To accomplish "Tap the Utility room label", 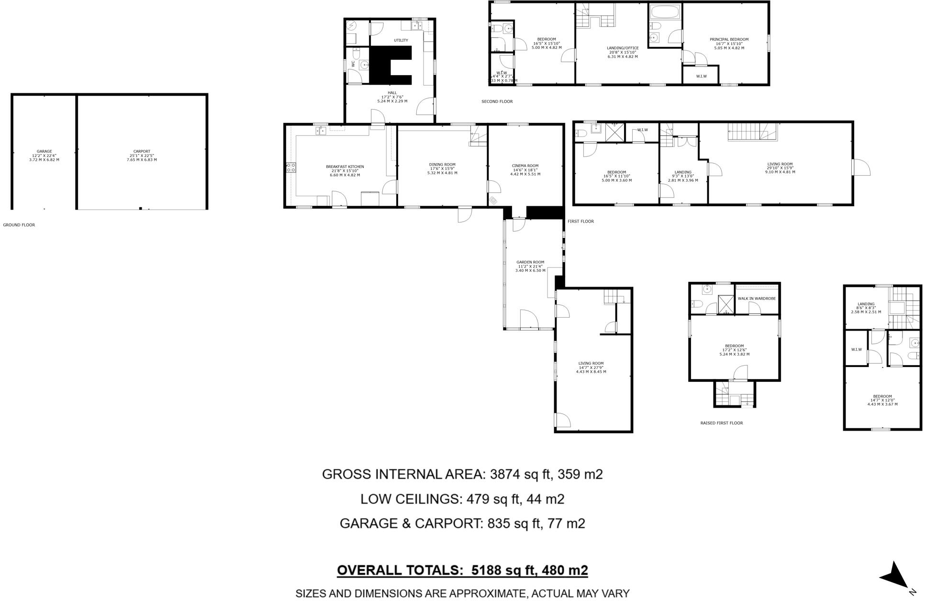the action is click(x=401, y=40).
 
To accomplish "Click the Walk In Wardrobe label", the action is click(x=757, y=299).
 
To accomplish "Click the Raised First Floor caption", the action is click(x=721, y=423).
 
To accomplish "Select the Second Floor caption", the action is click(x=497, y=101).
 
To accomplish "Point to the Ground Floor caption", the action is click(x=19, y=225).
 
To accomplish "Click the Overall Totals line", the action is click(x=462, y=570).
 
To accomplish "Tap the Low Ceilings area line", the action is click(x=462, y=499).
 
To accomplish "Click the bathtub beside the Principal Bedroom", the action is click(x=665, y=12).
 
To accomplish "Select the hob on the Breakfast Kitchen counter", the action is click(x=290, y=167).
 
